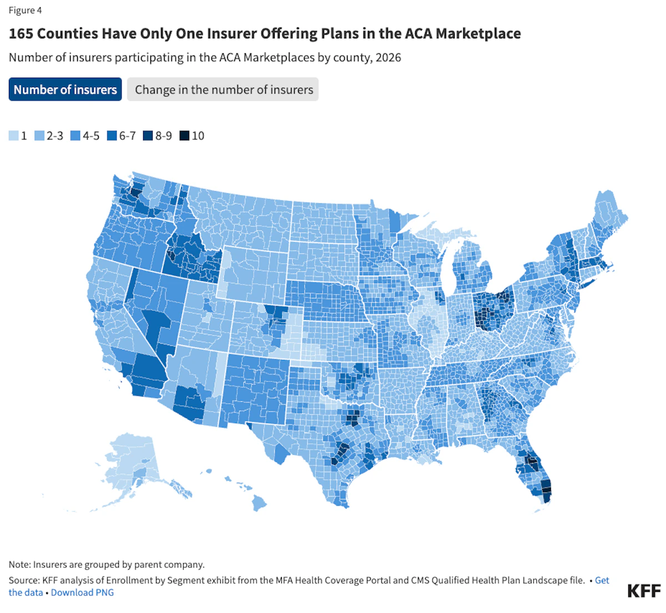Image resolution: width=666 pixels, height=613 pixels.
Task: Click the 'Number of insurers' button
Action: pyautogui.click(x=65, y=89)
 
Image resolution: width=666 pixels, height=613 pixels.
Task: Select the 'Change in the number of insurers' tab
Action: pyautogui.click(x=223, y=89)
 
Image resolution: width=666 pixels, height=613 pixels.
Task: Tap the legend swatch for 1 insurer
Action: pyautogui.click(x=14, y=135)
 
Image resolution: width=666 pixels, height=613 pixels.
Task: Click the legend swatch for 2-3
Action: pyautogui.click(x=39, y=135)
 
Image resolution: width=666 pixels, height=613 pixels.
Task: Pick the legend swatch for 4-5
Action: pyautogui.click(x=75, y=135)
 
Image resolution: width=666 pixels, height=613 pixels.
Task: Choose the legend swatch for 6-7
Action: pyautogui.click(x=112, y=135)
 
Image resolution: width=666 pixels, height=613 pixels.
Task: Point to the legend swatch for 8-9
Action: pyautogui.click(x=148, y=135)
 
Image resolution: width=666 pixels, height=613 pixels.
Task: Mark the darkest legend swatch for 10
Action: pyautogui.click(x=184, y=135)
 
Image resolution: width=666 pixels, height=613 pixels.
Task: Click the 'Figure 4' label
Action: pyautogui.click(x=25, y=11)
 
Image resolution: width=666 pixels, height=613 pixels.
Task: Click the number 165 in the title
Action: pyautogui.click(x=21, y=33)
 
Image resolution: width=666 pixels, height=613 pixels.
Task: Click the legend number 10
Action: pyautogui.click(x=198, y=135)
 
